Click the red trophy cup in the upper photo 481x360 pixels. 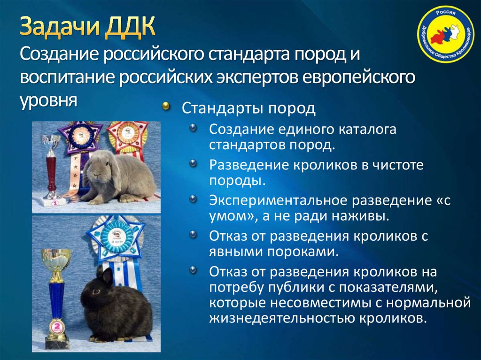[51, 167]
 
